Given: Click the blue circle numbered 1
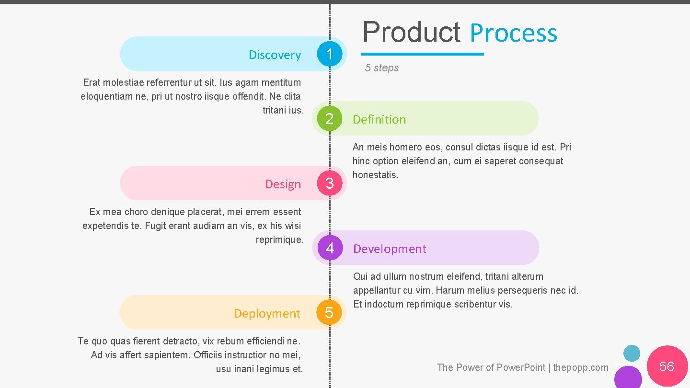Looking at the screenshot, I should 330,54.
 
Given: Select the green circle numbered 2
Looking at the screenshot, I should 329,118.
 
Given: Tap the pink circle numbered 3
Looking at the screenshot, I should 330,183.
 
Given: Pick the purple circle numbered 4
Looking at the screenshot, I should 330,248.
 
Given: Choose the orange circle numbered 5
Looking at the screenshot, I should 329,313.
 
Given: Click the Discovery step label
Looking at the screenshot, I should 275,55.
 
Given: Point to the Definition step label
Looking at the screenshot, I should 379,119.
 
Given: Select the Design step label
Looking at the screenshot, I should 283,184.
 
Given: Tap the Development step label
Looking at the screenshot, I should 390,249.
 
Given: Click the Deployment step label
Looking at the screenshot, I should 267,314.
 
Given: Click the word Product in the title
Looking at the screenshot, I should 412,33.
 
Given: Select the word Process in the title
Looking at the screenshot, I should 513,34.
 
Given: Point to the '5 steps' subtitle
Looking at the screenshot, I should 381,68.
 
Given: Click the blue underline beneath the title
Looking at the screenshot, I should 422,54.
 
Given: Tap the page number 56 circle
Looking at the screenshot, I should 667,366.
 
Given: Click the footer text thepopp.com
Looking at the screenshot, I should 581,367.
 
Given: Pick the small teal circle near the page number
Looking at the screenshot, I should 632,354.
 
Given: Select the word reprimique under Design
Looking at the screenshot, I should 279,240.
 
